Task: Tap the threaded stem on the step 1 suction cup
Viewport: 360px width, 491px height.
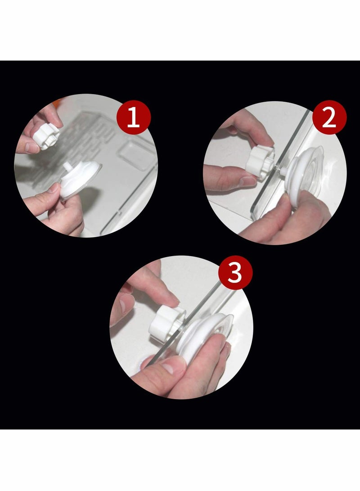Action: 67,167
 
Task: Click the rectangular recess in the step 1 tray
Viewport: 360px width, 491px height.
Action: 135,154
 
